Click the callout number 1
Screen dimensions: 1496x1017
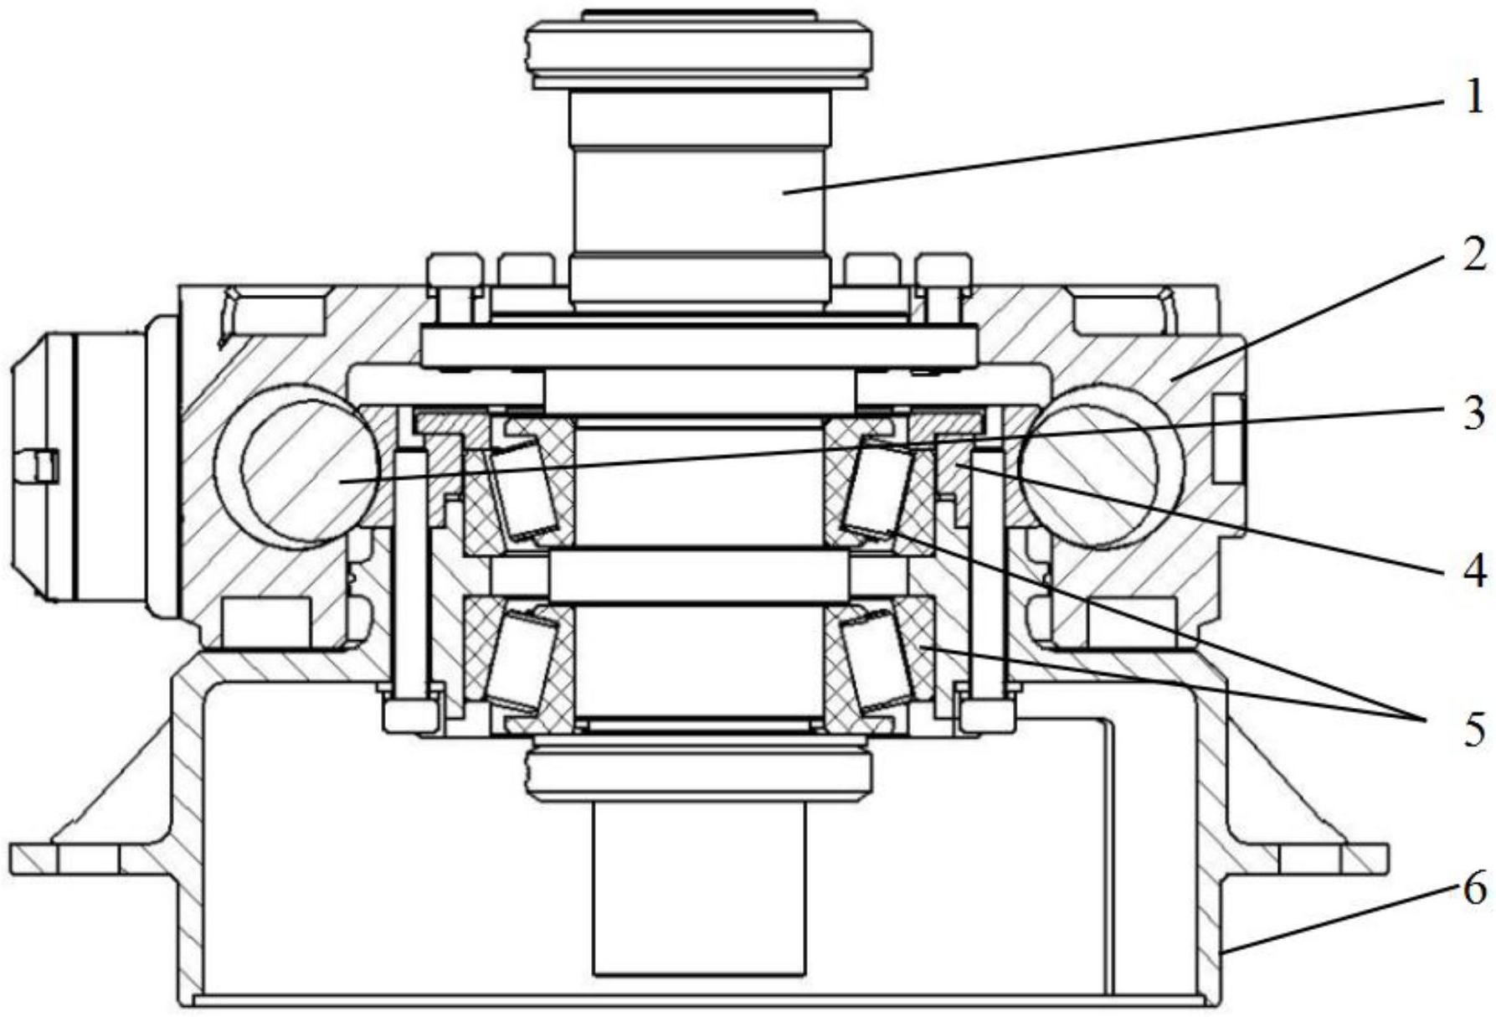[1473, 99]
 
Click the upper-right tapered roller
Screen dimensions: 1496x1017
[880, 488]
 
